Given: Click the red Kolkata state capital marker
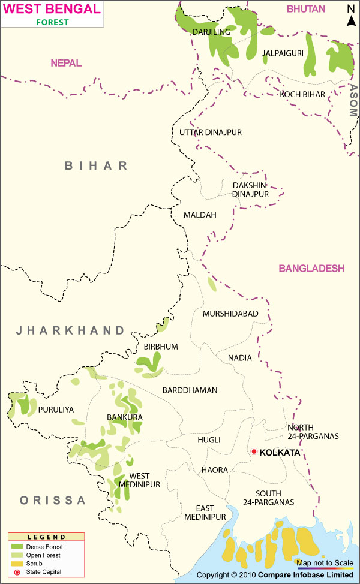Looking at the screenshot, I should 254,451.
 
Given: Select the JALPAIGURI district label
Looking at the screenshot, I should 283,53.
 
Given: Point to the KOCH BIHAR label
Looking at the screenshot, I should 302,94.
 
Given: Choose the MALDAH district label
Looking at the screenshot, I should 200,215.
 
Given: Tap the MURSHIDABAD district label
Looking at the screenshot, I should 230,314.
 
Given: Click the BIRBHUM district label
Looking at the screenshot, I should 161,347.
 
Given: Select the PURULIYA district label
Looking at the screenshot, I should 56,410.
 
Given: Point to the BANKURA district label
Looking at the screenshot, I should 124,417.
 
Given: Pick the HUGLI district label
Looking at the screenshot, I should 209,440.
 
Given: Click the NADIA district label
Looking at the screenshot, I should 240,358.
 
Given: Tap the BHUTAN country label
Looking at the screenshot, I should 305,8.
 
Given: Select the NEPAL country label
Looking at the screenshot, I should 66,63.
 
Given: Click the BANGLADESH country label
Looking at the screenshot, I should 311,268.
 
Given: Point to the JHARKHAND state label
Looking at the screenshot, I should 70,330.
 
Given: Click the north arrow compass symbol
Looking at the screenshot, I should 351,17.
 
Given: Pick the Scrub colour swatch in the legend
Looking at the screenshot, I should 17,564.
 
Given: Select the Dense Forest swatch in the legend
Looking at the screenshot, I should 17,547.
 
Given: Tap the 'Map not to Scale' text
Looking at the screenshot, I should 324,562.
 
